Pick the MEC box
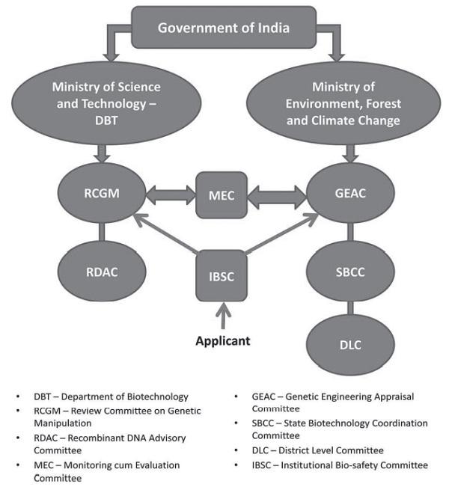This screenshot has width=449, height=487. click(222, 196)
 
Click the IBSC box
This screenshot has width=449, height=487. click(222, 275)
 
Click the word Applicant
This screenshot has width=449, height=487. click(222, 340)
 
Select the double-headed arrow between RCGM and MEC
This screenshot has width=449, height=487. click(165, 197)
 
